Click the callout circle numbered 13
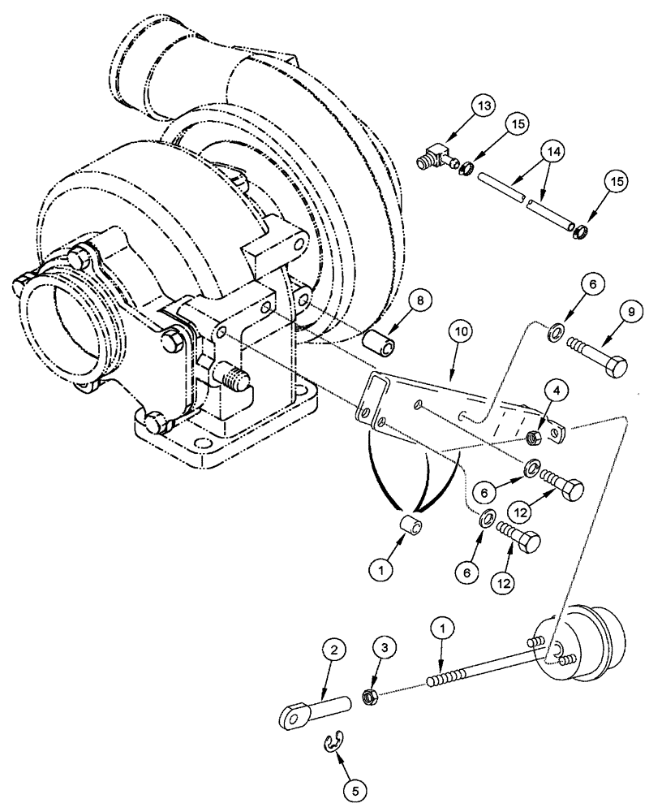coord(484,107)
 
